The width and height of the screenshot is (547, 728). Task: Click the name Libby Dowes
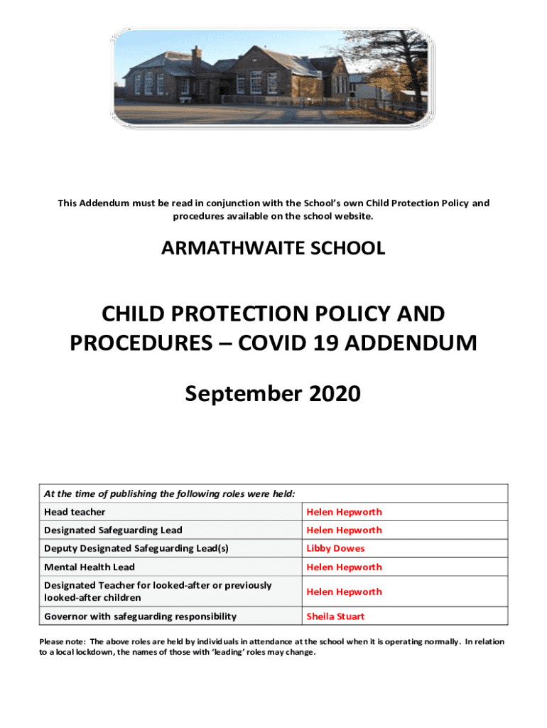point(335,548)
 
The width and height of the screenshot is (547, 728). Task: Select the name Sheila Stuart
point(335,616)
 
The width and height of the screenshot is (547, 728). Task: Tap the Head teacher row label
point(75,512)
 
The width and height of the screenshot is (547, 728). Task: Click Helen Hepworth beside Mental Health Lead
point(344,567)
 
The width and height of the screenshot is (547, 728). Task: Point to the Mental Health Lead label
point(89,567)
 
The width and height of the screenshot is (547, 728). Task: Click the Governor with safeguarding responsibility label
point(140,616)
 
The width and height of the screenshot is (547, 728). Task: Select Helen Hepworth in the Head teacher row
point(344,512)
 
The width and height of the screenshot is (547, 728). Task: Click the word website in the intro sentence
point(352,216)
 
